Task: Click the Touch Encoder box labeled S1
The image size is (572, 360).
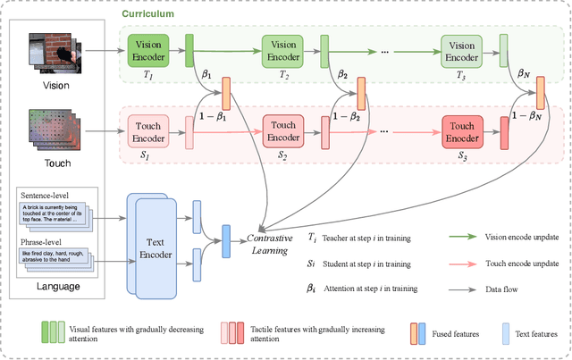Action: (x=148, y=133)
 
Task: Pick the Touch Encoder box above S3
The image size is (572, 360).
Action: (x=463, y=133)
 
